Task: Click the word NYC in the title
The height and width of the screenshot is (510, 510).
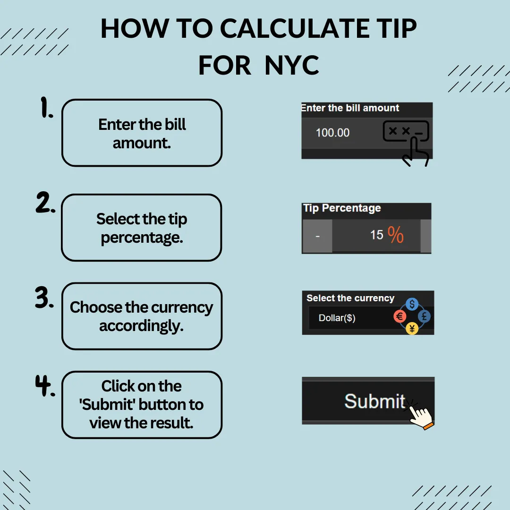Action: (x=292, y=65)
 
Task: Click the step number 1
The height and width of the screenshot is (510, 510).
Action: (x=46, y=107)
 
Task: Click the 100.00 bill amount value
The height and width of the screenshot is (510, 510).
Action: (x=332, y=133)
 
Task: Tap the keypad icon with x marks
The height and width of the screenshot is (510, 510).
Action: (x=406, y=131)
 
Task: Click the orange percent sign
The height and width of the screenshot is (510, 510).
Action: (x=396, y=235)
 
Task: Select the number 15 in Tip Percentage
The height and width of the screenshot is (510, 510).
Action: (x=377, y=235)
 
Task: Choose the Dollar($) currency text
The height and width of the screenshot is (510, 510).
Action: (x=337, y=318)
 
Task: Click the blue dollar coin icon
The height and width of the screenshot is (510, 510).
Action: (x=412, y=304)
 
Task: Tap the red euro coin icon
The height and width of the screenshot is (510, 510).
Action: (x=400, y=316)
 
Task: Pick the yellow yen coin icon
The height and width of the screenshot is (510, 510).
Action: (x=412, y=329)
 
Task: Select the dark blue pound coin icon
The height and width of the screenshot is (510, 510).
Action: (x=424, y=316)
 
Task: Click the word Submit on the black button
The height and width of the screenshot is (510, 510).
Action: (x=374, y=401)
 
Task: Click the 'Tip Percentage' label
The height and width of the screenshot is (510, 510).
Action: (x=342, y=208)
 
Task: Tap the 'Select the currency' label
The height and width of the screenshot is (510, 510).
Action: (x=350, y=298)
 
